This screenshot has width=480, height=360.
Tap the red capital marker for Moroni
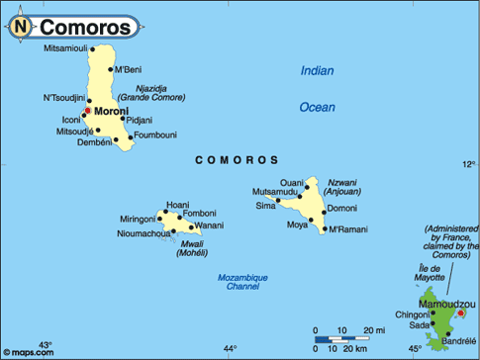[x=87, y=111]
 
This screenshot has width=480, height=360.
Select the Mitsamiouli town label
[x=66, y=48]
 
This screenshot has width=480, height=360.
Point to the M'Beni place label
[x=129, y=69]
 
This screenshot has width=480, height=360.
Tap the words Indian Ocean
[x=318, y=88]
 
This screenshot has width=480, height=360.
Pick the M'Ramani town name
[x=347, y=229]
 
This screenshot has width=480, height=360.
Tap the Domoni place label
[x=341, y=209]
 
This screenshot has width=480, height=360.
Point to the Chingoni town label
[x=413, y=315]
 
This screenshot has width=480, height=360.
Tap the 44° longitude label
[x=230, y=348]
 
